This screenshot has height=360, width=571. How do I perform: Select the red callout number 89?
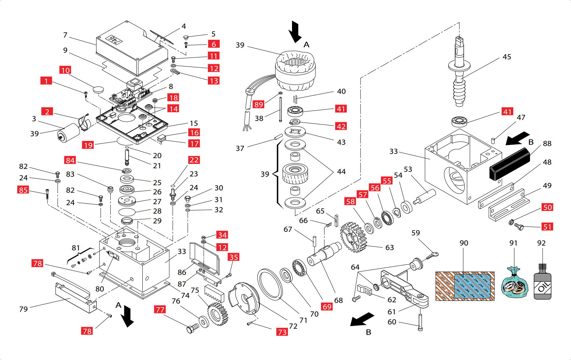[258, 104]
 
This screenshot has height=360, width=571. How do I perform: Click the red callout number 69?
[327, 307]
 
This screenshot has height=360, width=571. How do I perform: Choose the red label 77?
[160, 309]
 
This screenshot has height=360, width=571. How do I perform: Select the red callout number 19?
[88, 145]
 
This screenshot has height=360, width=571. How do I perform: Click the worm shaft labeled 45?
[459, 75]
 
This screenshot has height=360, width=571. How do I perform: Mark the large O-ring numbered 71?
[270, 284]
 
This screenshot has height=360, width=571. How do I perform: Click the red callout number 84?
[70, 160]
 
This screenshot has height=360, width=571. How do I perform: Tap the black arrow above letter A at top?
[295, 31]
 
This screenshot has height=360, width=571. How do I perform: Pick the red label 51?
[547, 227]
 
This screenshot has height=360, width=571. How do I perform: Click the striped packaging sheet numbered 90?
[465, 286]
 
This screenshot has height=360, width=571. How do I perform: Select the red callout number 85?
[23, 190]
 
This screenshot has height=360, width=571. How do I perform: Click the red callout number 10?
[65, 70]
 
